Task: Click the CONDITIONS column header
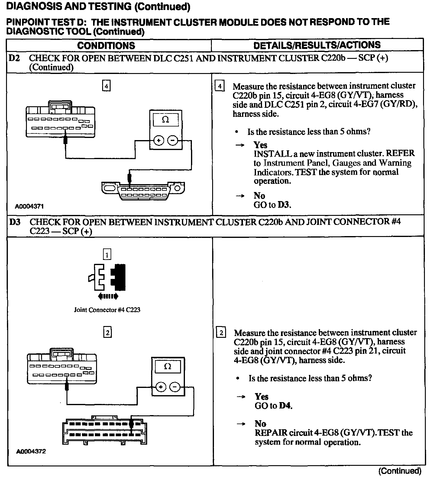pyautogui.click(x=106, y=46)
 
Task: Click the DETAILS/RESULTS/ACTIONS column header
pyautogui.click(x=317, y=45)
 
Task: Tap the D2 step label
pyautogui.click(x=15, y=58)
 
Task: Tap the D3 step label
pyautogui.click(x=15, y=222)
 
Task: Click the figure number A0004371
pyautogui.click(x=30, y=206)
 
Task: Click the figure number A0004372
pyautogui.click(x=31, y=452)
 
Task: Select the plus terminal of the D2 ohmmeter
pyautogui.click(x=159, y=141)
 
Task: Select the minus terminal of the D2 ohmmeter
pyautogui.click(x=173, y=141)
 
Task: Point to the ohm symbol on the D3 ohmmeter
pyautogui.click(x=167, y=366)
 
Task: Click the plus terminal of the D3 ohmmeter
pyautogui.click(x=161, y=387)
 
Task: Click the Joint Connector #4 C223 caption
pyautogui.click(x=107, y=310)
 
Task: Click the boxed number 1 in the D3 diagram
pyautogui.click(x=107, y=254)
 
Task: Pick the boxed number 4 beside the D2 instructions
pyautogui.click(x=220, y=86)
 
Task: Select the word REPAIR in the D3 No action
pyautogui.click(x=271, y=433)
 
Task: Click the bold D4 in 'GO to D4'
pyautogui.click(x=285, y=406)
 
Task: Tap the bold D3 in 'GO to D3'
pyautogui.click(x=284, y=205)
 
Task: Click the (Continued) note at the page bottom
pyautogui.click(x=400, y=471)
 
